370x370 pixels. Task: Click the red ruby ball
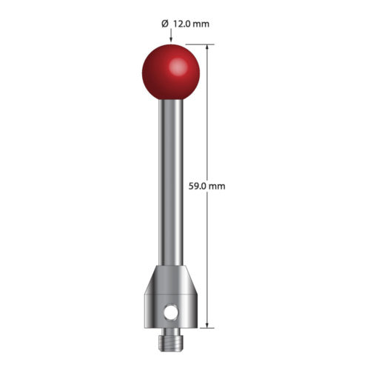(170, 73)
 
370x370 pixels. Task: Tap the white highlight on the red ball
(178, 67)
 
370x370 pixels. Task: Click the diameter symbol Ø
(164, 24)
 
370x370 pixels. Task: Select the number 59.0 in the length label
(199, 186)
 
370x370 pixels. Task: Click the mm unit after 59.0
(217, 186)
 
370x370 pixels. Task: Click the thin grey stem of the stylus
(170, 185)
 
